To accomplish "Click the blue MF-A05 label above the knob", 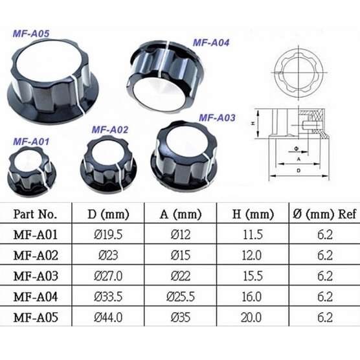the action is (31, 34).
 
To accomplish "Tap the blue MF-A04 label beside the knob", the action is (211, 43).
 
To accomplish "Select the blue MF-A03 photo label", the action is (217, 118).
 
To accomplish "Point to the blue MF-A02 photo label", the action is (109, 130).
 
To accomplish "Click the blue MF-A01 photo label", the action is (31, 142).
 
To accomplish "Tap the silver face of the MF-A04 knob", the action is (159, 94).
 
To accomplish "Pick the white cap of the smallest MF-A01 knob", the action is (28, 160).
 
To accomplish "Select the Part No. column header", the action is (35, 214).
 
